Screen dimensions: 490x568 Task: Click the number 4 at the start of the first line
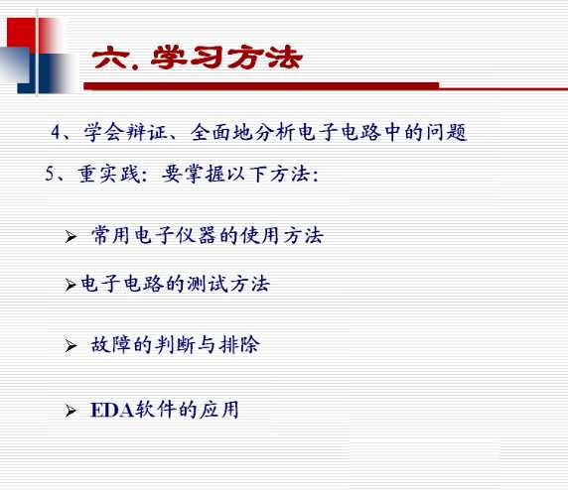(x=57, y=133)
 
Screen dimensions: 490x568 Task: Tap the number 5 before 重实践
(x=50, y=175)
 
